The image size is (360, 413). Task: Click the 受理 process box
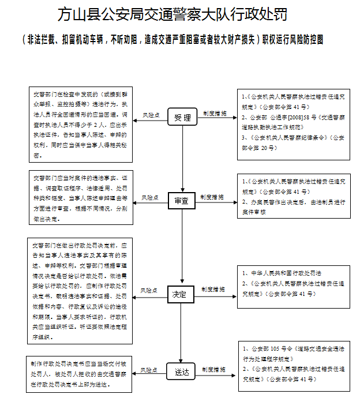tap(182, 117)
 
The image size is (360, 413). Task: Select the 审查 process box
tap(182, 200)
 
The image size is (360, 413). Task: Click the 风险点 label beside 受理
tap(151, 114)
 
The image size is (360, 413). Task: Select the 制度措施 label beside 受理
tap(214, 113)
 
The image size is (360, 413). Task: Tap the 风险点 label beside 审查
tap(151, 197)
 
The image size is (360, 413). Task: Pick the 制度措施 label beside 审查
tap(212, 197)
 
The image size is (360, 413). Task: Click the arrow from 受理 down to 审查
tap(182, 159)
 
